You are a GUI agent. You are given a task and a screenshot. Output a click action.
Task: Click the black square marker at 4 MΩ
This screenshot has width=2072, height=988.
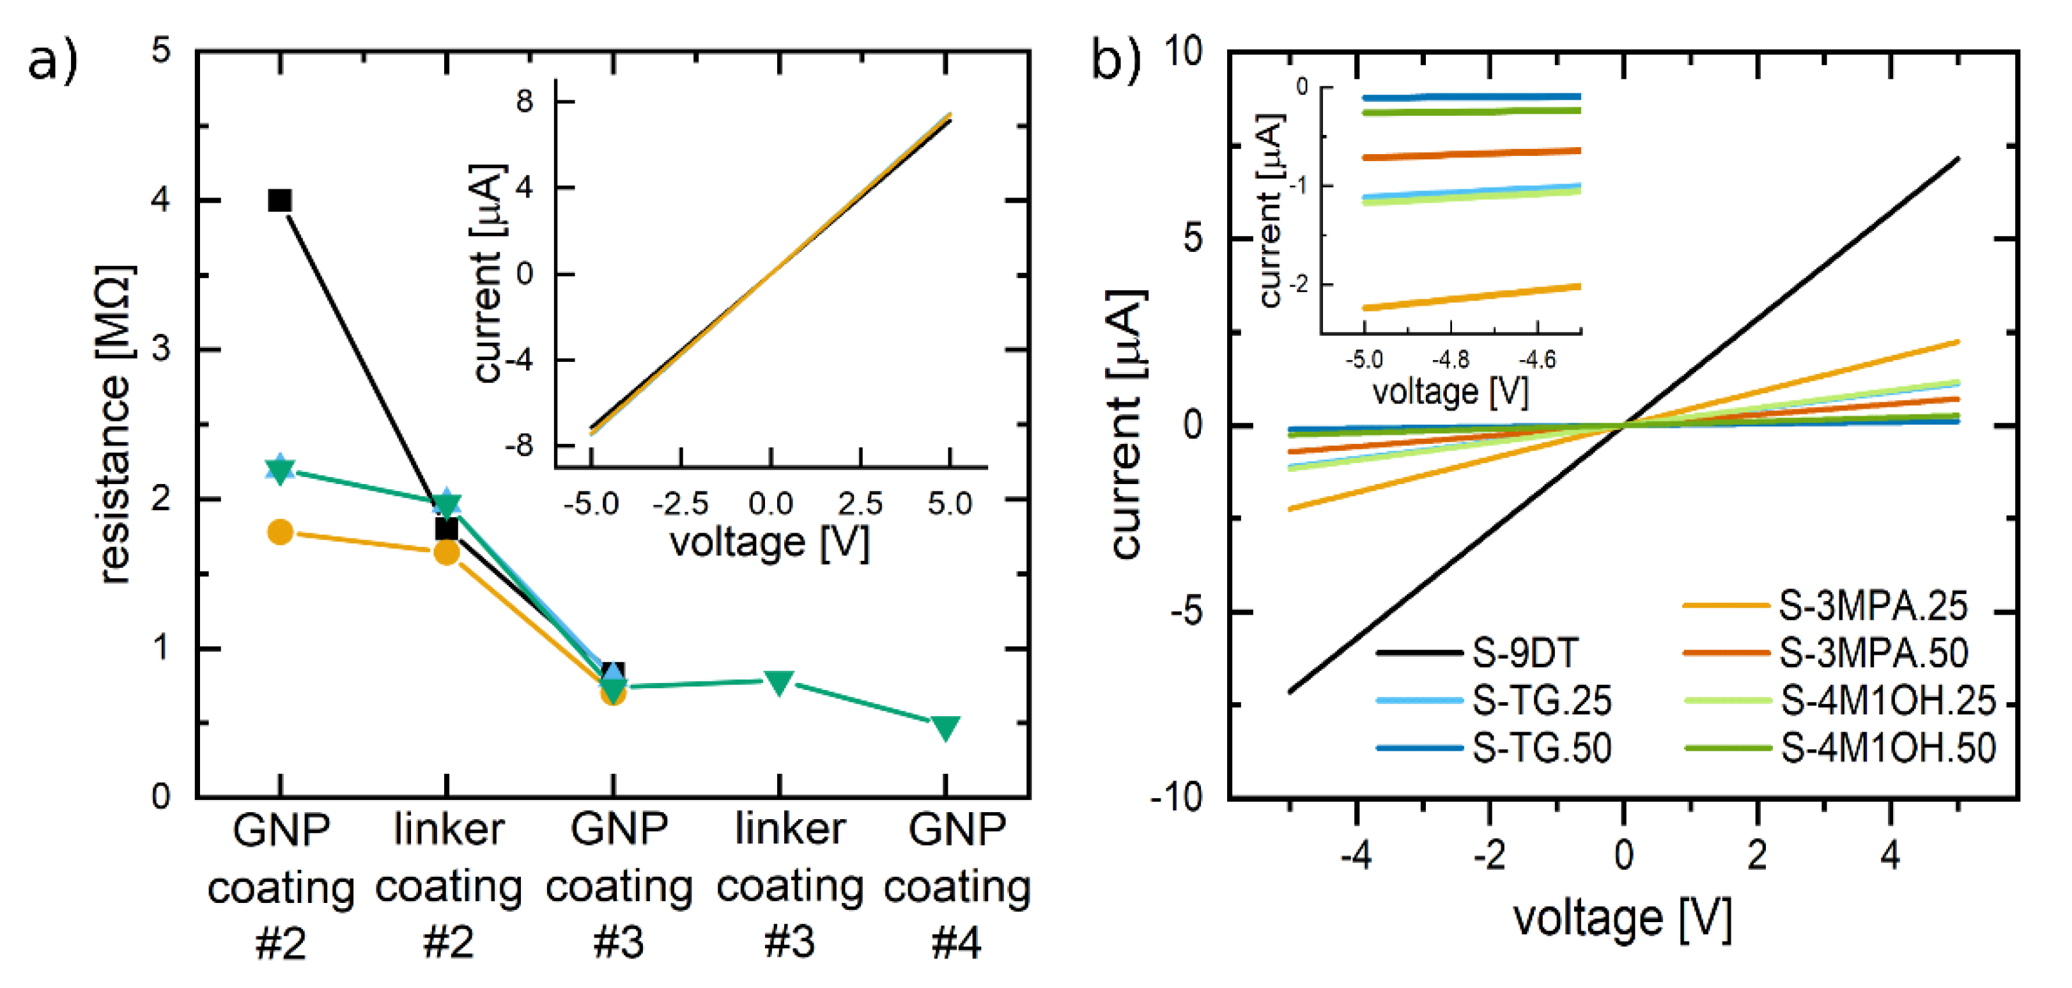pyautogui.click(x=279, y=200)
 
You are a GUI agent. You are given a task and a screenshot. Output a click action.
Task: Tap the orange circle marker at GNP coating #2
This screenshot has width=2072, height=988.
pyautogui.click(x=280, y=532)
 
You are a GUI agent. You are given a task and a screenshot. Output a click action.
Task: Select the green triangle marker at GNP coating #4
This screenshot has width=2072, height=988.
pyautogui.click(x=945, y=726)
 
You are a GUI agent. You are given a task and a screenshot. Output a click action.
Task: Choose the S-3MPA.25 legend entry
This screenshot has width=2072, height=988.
pyautogui.click(x=1872, y=606)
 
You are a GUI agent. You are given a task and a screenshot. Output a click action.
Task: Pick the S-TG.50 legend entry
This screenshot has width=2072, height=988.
pyautogui.click(x=1540, y=748)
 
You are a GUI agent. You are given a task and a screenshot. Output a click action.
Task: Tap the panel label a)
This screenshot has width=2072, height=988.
pyautogui.click(x=52, y=60)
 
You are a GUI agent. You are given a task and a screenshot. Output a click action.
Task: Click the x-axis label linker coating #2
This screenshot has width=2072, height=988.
pyautogui.click(x=448, y=884)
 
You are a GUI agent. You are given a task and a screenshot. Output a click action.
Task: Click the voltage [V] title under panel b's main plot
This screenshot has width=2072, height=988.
pyautogui.click(x=1622, y=917)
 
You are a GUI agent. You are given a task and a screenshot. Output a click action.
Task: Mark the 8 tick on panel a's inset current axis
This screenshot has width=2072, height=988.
pyautogui.click(x=525, y=102)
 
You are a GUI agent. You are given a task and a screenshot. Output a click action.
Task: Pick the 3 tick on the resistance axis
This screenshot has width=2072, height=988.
pyautogui.click(x=161, y=349)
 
